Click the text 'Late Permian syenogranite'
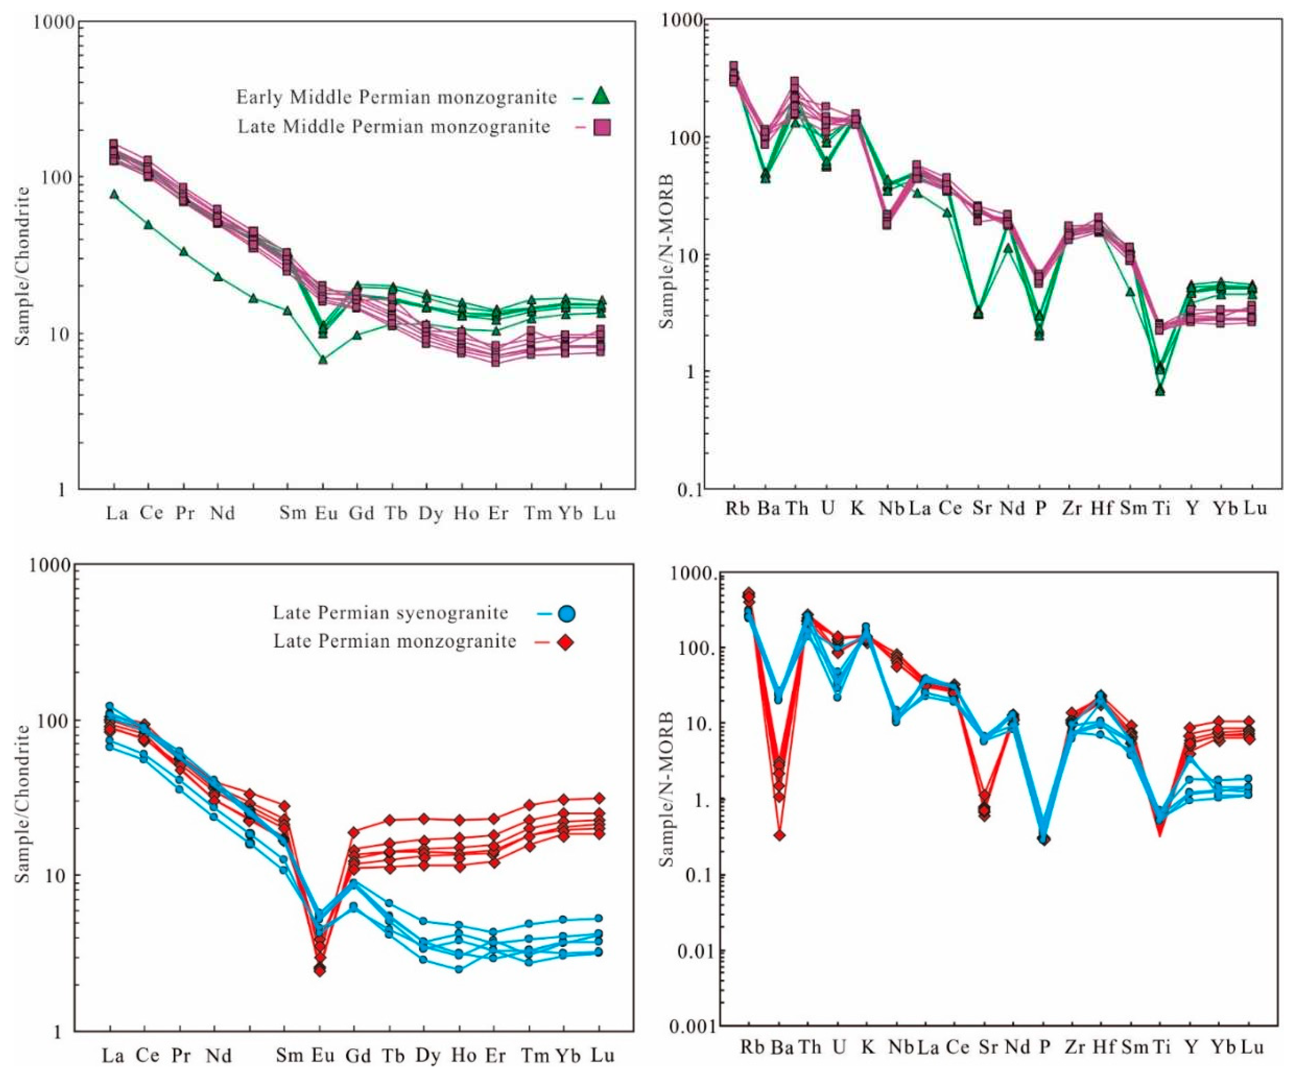(x=391, y=613)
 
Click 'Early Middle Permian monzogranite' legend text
(x=396, y=97)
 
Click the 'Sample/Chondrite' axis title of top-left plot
(x=23, y=266)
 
